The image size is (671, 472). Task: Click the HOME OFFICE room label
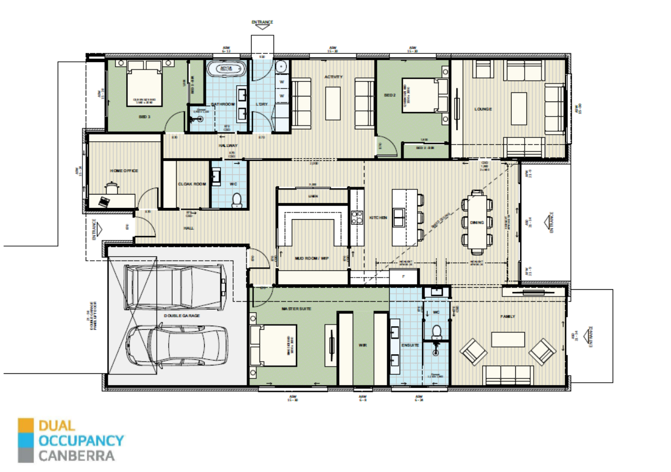point(124,170)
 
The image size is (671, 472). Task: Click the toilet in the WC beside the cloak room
point(237,199)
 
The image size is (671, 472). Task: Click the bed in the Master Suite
point(274,346)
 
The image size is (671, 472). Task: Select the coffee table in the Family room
point(508,340)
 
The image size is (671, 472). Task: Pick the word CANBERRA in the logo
point(76,455)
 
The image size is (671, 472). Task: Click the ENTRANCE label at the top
point(262,22)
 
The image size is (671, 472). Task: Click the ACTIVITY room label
point(333,77)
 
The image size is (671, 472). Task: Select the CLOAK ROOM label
point(192,184)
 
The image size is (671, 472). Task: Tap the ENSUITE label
point(410,345)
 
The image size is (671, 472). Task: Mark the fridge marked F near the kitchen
point(403,276)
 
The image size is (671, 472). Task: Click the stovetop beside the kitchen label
point(356,217)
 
